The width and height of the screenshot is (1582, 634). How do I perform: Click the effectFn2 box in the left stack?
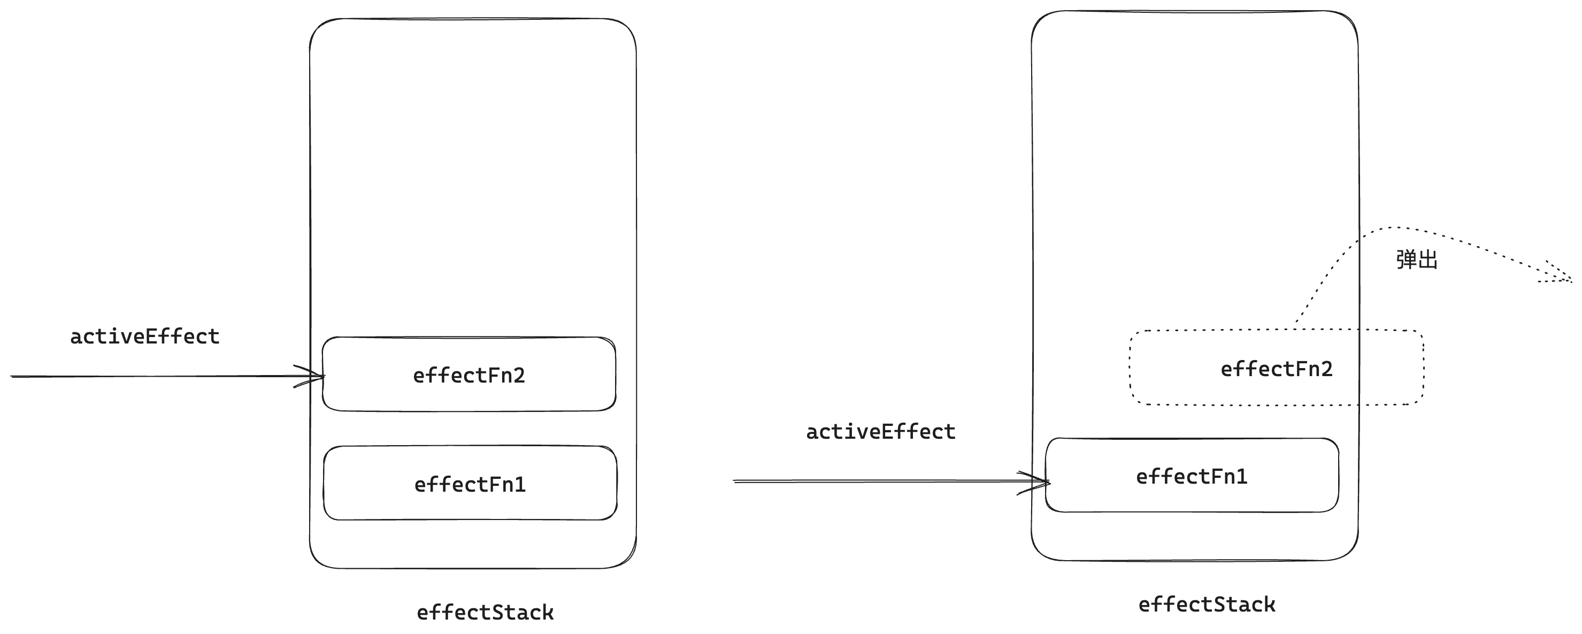tap(368, 393)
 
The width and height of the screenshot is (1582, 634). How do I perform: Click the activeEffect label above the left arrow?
tap(145, 337)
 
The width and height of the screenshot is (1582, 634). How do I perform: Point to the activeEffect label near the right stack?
tap(881, 432)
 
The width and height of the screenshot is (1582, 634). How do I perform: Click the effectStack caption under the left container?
tap(485, 613)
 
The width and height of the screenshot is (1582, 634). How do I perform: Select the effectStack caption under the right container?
tap(1207, 605)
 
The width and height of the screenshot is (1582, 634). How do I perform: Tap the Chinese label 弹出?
tap(1417, 260)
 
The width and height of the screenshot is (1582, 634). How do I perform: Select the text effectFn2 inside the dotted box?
tap(1276, 369)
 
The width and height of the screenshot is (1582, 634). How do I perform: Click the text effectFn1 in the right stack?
tap(1192, 477)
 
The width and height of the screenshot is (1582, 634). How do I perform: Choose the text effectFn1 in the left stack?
tap(470, 485)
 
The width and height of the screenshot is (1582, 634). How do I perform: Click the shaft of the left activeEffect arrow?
tap(153, 376)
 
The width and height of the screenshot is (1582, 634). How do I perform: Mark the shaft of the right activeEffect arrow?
tap(872, 481)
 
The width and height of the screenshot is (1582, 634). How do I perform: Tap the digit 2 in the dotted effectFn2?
tap(1326, 369)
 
